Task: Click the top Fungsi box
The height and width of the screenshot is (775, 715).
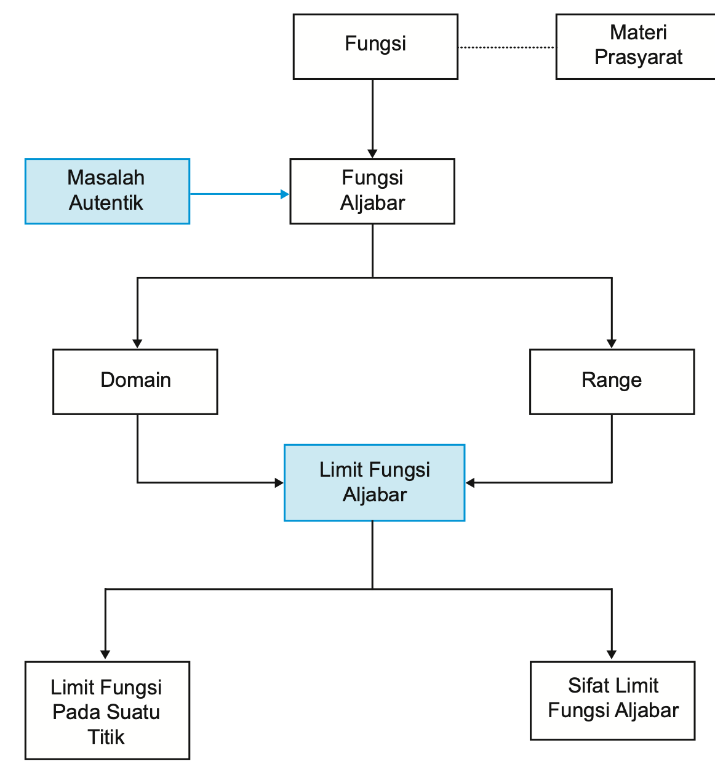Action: tap(375, 47)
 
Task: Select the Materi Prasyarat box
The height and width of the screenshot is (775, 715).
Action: tap(637, 47)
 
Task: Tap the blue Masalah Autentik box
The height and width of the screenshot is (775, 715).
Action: tap(107, 191)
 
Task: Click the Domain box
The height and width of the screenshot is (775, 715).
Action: tap(135, 381)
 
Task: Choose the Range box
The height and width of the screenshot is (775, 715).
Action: tap(612, 381)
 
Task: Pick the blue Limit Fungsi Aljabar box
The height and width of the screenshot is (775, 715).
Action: tap(374, 483)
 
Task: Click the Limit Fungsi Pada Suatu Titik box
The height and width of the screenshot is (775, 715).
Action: tap(107, 710)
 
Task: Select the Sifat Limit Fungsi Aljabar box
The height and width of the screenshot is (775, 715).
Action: tap(612, 701)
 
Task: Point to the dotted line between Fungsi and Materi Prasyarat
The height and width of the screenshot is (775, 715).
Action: tap(506, 47)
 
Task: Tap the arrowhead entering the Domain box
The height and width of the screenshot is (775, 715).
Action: tap(137, 343)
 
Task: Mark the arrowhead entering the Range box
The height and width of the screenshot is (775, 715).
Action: tap(612, 343)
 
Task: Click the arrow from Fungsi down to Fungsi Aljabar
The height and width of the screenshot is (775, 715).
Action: tap(372, 117)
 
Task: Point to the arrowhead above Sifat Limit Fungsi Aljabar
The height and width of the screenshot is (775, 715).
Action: tap(612, 654)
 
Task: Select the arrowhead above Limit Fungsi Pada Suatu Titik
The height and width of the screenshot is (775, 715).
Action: tap(105, 654)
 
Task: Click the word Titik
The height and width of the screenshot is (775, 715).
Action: tap(106, 737)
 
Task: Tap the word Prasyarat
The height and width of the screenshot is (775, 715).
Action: tap(638, 57)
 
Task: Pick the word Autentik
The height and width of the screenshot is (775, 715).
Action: tap(106, 203)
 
